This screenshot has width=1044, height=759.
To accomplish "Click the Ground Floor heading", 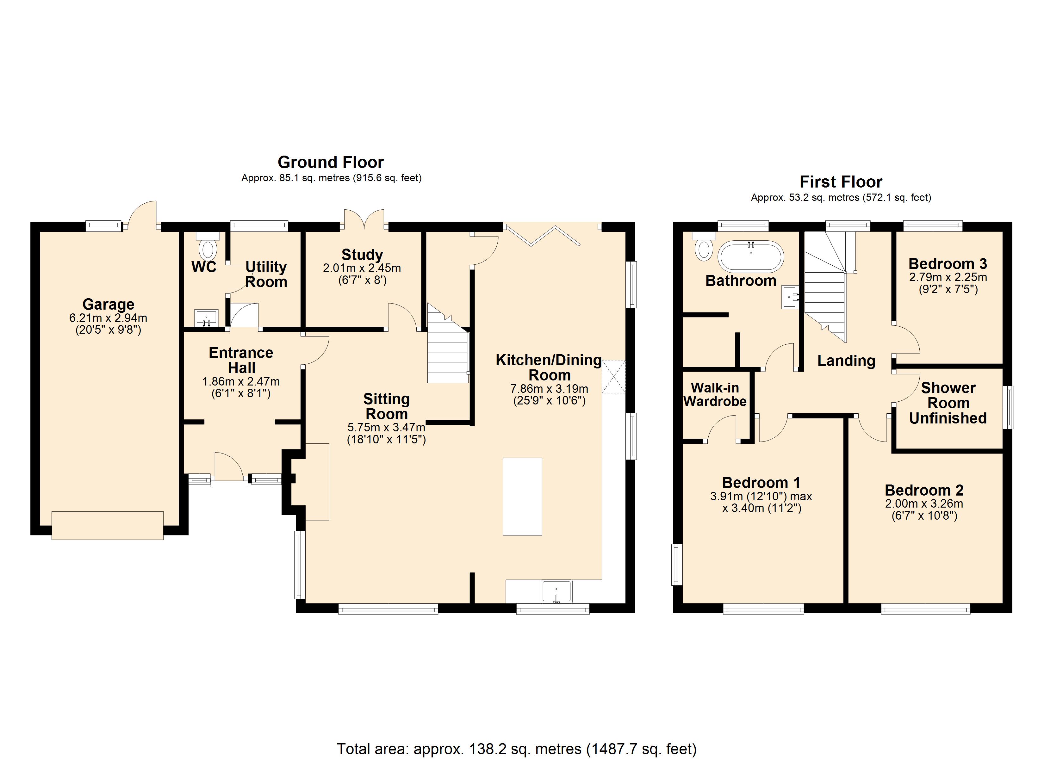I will pyautogui.click(x=331, y=163).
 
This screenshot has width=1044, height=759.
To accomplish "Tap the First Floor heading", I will pyautogui.click(x=841, y=182).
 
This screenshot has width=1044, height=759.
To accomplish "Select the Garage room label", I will pyautogui.click(x=108, y=304).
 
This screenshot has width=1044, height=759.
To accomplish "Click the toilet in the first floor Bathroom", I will pyautogui.click(x=704, y=247).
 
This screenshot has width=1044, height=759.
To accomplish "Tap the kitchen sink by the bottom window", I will pyautogui.click(x=556, y=591).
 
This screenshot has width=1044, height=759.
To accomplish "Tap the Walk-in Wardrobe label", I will pyautogui.click(x=715, y=394).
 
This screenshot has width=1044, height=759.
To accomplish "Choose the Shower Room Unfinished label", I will pyautogui.click(x=948, y=403).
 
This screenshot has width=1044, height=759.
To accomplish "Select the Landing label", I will pyautogui.click(x=846, y=361).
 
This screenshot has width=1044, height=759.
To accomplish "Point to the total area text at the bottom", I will pyautogui.click(x=517, y=749).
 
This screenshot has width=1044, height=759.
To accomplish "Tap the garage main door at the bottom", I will pyautogui.click(x=107, y=525).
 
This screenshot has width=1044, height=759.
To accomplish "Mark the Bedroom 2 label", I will pyautogui.click(x=924, y=490).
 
